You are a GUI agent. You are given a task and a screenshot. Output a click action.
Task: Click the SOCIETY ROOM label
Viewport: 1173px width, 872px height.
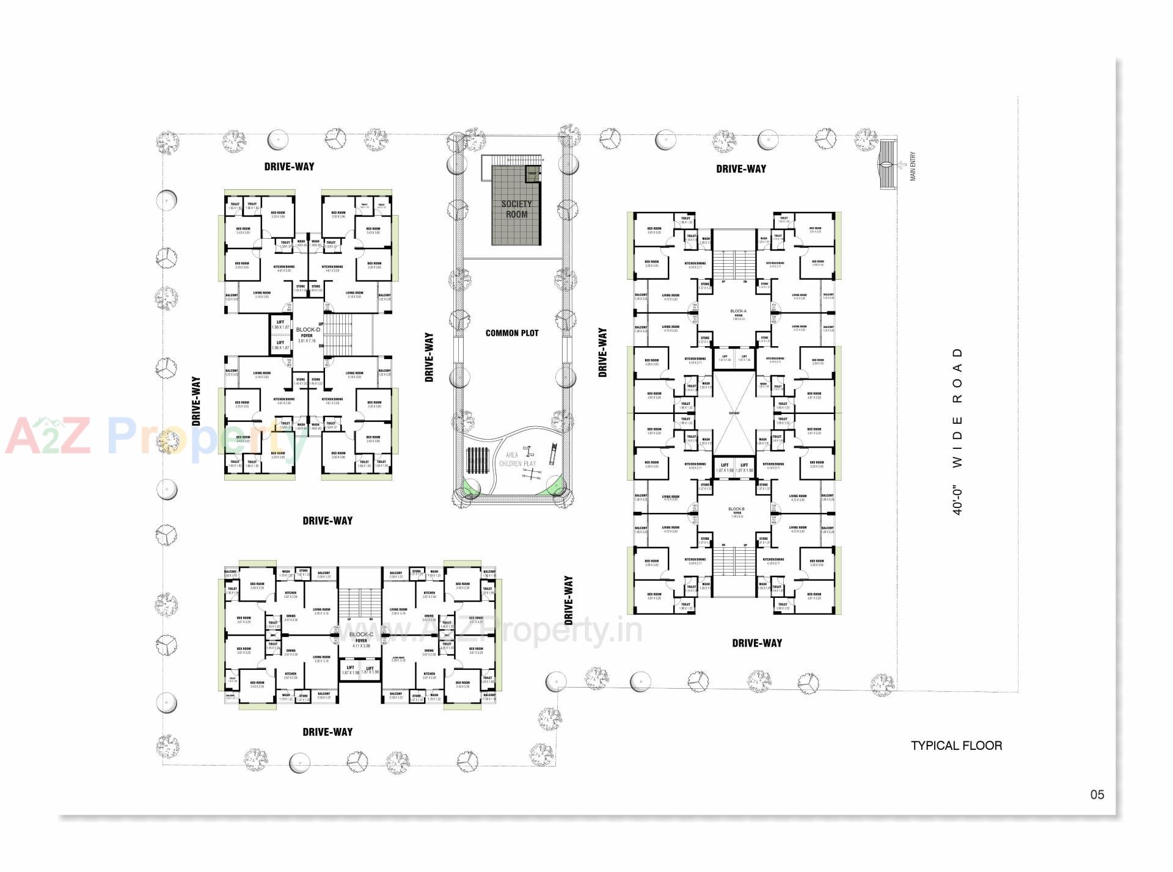click(516, 209)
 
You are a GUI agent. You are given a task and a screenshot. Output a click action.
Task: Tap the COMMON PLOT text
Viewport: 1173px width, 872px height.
click(512, 333)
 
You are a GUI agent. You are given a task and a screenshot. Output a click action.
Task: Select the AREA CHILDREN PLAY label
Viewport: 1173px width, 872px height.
click(517, 459)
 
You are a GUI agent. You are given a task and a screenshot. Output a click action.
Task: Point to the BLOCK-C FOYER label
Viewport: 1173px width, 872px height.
click(361, 638)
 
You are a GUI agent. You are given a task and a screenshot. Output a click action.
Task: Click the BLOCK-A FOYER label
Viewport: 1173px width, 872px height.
click(738, 314)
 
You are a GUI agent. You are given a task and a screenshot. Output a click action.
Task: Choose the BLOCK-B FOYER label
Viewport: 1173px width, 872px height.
click(736, 512)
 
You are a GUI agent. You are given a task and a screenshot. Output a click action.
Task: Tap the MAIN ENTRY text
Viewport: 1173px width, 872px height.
click(913, 166)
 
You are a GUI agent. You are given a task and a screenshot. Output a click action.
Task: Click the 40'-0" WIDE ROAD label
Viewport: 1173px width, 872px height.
click(957, 431)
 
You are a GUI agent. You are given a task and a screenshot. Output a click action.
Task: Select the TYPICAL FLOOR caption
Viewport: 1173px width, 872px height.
click(956, 746)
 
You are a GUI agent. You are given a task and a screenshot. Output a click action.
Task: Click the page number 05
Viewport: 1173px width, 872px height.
click(1097, 794)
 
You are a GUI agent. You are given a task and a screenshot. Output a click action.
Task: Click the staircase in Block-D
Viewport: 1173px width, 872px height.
click(338, 335)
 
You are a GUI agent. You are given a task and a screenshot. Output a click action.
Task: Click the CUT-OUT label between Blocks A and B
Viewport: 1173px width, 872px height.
click(734, 413)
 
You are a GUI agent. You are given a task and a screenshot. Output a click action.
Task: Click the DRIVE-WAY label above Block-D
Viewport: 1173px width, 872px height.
click(289, 167)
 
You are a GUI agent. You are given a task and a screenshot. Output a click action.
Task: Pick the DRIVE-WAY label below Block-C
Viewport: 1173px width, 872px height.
click(327, 732)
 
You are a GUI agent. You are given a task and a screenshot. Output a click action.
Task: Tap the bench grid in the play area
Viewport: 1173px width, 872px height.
click(477, 461)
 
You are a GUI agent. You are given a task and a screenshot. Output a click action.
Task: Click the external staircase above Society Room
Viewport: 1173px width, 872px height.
click(513, 160)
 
